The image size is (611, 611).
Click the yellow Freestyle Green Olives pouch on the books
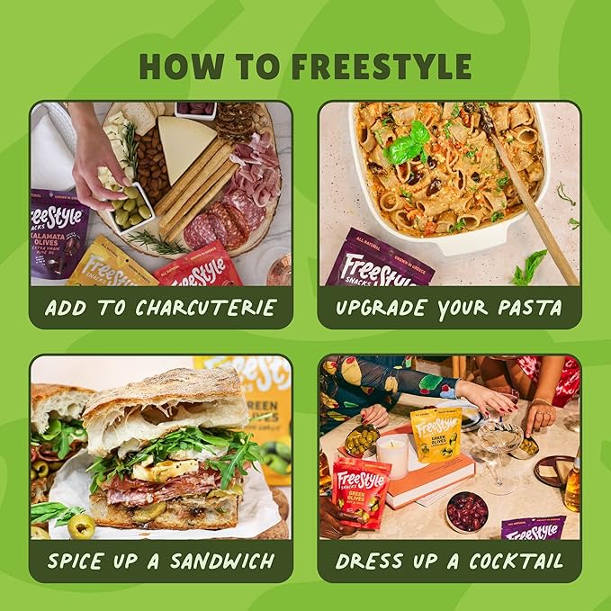click(436, 435)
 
